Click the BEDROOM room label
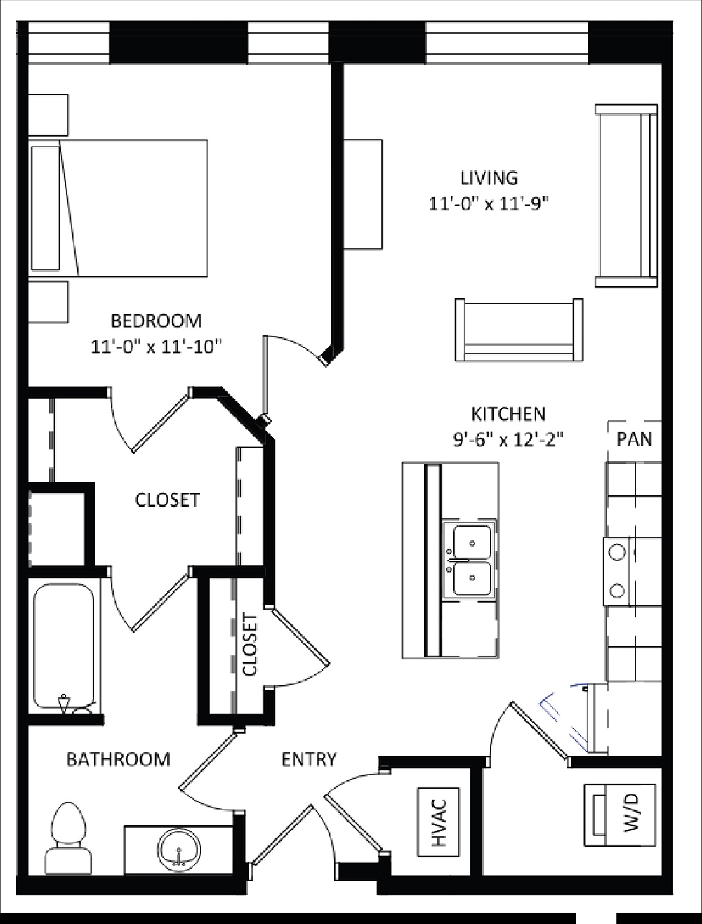157,321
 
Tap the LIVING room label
489,178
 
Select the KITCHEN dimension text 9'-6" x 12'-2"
508,439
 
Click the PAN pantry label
634,439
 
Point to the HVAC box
439,822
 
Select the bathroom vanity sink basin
180,848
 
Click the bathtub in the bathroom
63,647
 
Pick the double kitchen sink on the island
471,560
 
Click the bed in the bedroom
119,208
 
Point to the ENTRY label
309,759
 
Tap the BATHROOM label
118,759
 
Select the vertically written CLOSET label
250,644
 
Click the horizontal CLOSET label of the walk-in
167,500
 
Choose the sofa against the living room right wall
626,196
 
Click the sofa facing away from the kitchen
519,330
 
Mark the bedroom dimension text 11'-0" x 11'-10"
157,346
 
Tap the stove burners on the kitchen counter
618,571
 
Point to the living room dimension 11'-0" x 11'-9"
489,203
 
